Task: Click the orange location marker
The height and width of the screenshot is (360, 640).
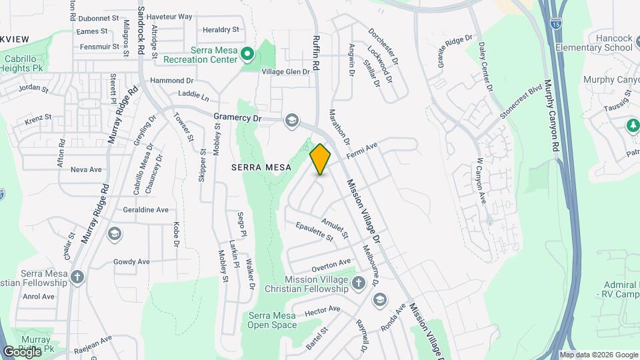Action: [x=320, y=159]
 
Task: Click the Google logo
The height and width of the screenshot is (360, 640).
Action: [x=22, y=351]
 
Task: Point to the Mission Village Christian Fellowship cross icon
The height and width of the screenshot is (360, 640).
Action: [x=359, y=284]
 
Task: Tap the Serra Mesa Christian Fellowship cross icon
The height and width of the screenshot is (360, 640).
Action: [x=78, y=277]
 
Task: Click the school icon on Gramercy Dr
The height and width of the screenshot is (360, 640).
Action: [x=291, y=120]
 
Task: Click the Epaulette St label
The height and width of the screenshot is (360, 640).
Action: [x=315, y=231]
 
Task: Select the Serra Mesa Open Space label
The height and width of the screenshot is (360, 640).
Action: [x=272, y=320]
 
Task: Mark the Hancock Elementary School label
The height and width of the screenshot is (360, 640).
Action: [x=599, y=43]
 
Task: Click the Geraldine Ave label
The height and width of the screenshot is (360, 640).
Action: [x=145, y=209]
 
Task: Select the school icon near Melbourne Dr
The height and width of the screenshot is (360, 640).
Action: [x=379, y=300]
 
